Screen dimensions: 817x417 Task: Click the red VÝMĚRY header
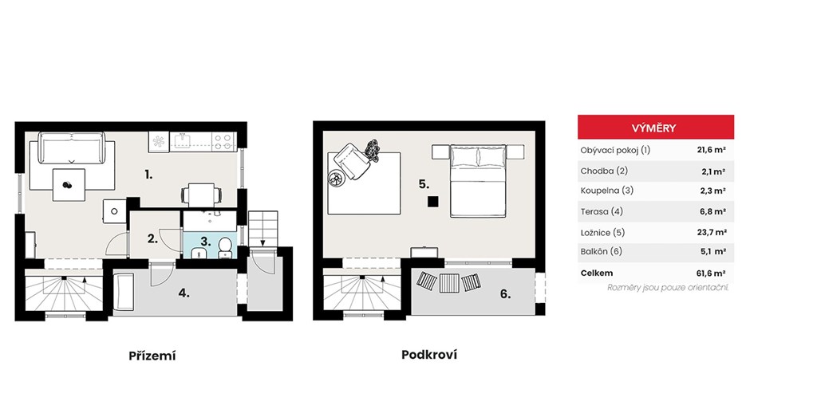[656, 127]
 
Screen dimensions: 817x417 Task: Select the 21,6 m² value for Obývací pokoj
[712, 150]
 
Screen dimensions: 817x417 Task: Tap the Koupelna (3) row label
[607, 191]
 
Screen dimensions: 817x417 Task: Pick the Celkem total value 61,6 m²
[712, 273]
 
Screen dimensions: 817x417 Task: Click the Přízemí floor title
[152, 356]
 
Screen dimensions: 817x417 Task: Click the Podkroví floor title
[429, 355]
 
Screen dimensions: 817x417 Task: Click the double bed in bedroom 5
[478, 181]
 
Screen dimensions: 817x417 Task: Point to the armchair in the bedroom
[351, 160]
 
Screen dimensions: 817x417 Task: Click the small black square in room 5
[433, 202]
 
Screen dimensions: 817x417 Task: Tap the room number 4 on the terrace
[184, 293]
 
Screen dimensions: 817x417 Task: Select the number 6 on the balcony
[505, 294]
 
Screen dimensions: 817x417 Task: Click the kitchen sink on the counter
[184, 140]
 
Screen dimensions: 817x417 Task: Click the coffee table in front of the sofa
[69, 185]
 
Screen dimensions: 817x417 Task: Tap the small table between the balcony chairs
[448, 283]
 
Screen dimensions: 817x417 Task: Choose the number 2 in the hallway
[152, 239]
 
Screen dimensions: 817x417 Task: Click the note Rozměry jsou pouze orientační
[668, 288]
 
